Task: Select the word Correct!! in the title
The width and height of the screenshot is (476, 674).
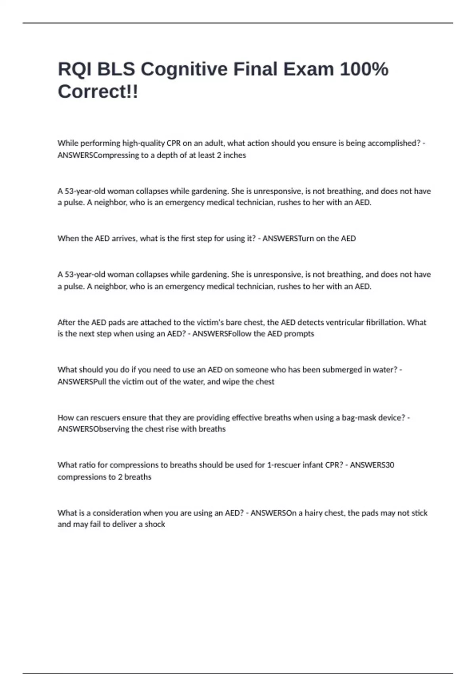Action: pyautogui.click(x=98, y=92)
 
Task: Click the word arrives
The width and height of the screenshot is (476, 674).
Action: pyautogui.click(x=125, y=238)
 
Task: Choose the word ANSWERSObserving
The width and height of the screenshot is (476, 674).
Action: pyautogui.click(x=93, y=429)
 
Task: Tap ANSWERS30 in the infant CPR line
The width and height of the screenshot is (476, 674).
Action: pyautogui.click(x=372, y=465)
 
